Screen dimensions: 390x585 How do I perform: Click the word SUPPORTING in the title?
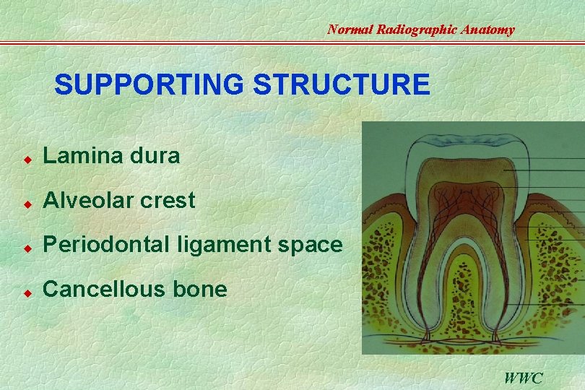click(149, 85)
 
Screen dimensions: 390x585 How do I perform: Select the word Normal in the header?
click(351, 30)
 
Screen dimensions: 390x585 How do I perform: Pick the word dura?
click(157, 155)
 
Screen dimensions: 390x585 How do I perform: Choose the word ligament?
click(218, 246)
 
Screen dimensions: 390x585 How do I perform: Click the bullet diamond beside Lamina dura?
click(26, 157)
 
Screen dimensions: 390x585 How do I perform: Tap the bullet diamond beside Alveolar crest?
click(26, 201)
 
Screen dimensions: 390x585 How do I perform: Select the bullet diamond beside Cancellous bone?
click(26, 291)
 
